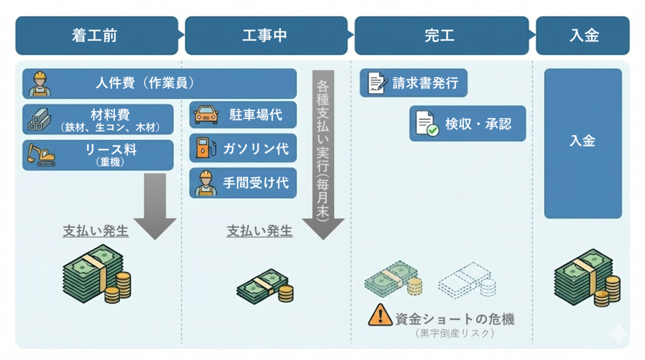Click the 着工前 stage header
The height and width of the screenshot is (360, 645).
click(96, 35)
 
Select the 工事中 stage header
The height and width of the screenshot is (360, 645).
click(266, 35)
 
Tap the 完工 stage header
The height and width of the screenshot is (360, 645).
click(440, 35)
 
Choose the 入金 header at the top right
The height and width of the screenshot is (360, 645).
click(583, 35)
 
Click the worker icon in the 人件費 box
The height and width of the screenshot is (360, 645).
click(40, 84)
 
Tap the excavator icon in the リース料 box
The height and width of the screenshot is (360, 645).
click(41, 154)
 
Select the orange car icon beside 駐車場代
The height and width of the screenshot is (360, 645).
click(206, 115)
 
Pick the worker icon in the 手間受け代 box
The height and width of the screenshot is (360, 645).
click(205, 183)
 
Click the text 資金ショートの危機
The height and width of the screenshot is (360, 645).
click(454, 319)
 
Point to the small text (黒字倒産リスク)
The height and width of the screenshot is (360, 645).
click(454, 333)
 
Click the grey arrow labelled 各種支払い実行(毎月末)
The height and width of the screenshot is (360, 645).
click(323, 156)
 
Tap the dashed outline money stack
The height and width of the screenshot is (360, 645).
click(467, 280)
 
